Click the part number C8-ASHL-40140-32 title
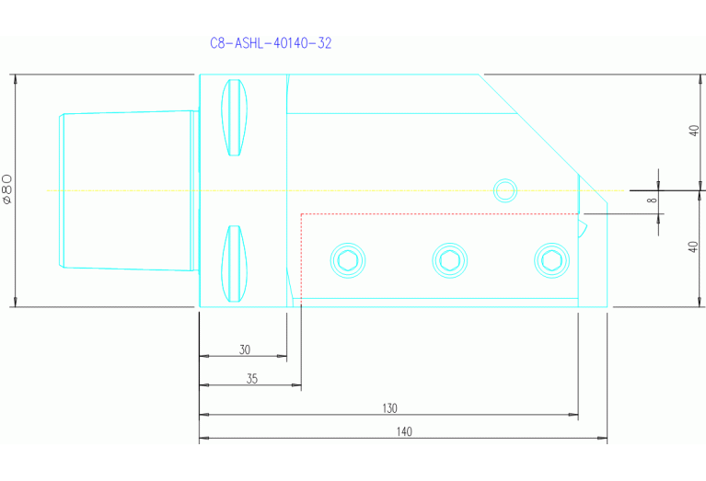[x=271, y=43]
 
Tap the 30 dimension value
[x=244, y=349]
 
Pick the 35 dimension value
[x=251, y=378]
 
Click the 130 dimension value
[x=390, y=407]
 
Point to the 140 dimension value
[x=404, y=431]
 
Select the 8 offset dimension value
[x=651, y=200]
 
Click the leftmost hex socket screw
[x=348, y=260]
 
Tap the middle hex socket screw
[x=449, y=260]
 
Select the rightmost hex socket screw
[x=551, y=260]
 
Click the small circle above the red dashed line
[x=504, y=190]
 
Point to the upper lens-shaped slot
[x=237, y=117]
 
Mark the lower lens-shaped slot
[x=237, y=264]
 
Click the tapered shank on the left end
[x=124, y=190]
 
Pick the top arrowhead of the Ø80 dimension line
[x=17, y=78]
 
